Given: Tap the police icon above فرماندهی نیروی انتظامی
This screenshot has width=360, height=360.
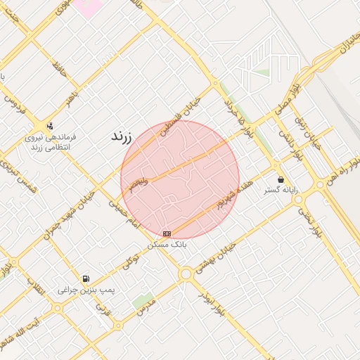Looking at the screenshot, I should pyautogui.click(x=49, y=127).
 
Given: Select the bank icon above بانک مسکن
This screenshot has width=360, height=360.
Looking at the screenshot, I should pyautogui.click(x=167, y=233).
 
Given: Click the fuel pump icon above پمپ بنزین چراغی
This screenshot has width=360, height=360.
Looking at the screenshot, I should pyautogui.click(x=86, y=278).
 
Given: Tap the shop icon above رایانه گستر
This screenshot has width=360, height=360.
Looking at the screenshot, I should pyautogui.click(x=281, y=180).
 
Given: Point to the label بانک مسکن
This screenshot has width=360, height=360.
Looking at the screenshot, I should pyautogui.click(x=167, y=245).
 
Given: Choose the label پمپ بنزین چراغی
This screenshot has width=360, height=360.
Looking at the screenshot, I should pyautogui.click(x=86, y=289).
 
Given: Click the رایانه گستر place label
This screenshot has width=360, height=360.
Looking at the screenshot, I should pyautogui.click(x=281, y=191).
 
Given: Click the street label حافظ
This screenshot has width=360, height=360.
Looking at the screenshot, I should pyautogui.click(x=58, y=68).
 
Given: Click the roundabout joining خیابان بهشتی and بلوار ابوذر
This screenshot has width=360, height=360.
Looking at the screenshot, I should pyautogui.click(x=186, y=274).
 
